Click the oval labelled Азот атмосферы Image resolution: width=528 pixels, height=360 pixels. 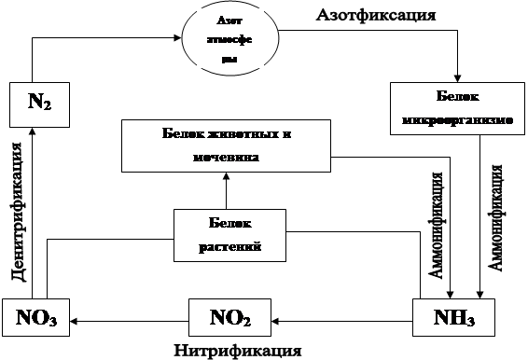[229, 40]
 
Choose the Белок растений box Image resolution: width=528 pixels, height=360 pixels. [229, 235]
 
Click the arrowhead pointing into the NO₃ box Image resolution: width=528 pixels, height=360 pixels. [72, 319]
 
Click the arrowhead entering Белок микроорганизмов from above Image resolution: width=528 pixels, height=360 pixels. [456, 77]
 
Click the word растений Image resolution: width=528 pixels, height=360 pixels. [229, 246]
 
